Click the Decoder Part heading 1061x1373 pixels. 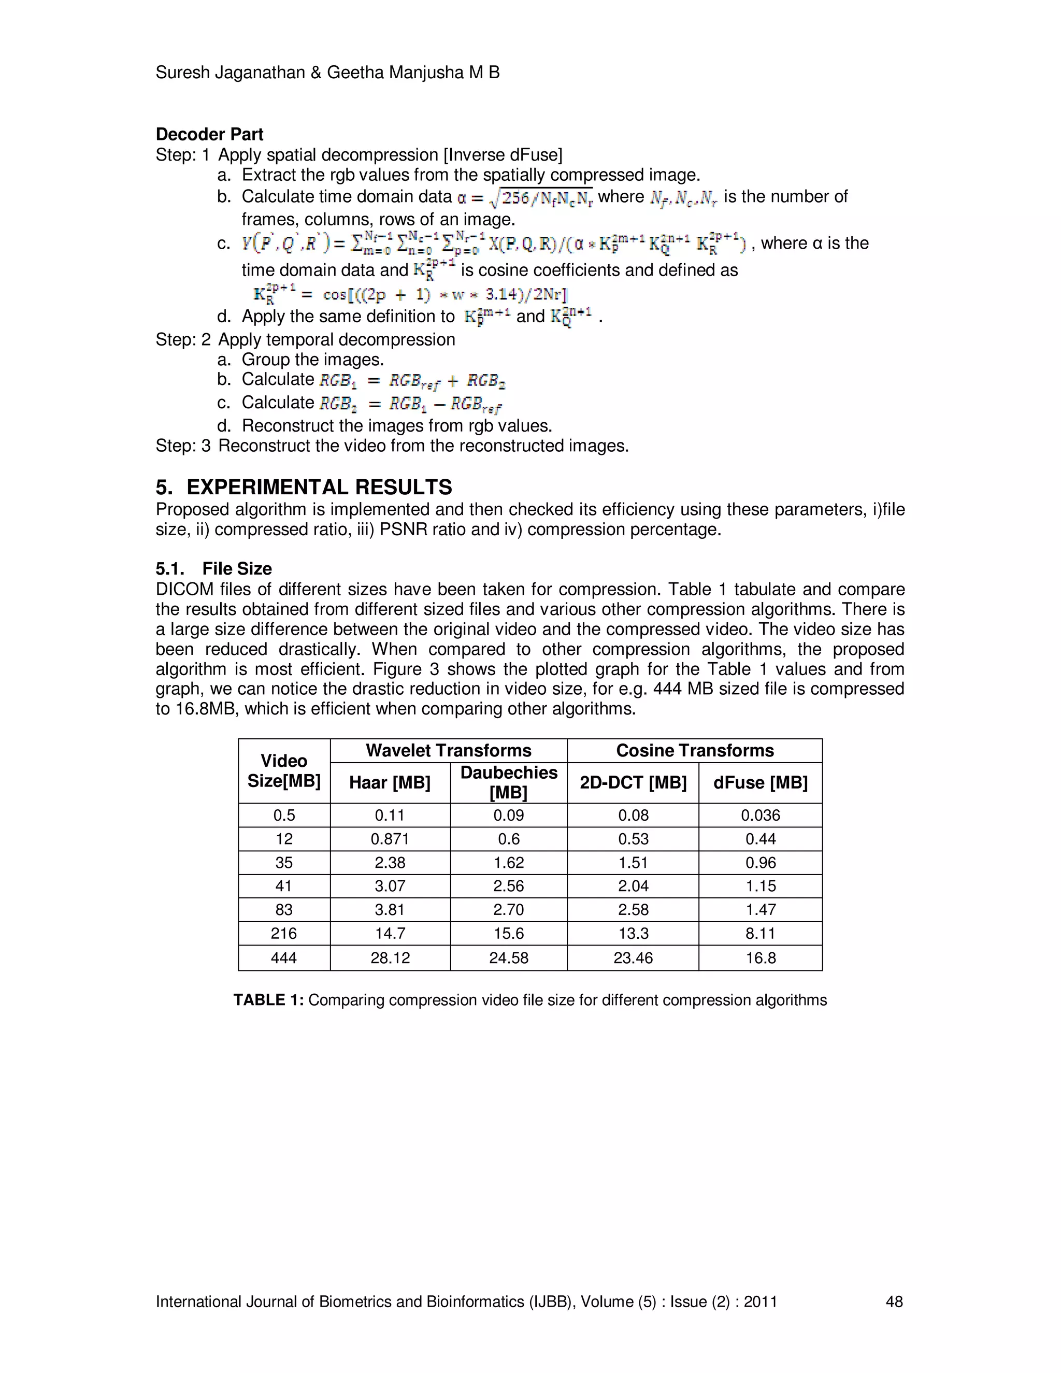coord(209,135)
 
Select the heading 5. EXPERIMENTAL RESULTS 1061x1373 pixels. coord(304,487)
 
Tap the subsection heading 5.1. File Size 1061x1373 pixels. coord(214,568)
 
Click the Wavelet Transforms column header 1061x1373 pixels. coord(448,751)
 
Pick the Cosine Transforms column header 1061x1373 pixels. coord(695,751)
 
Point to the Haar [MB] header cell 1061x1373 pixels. coord(390,783)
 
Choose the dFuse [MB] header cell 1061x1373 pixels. coord(760,783)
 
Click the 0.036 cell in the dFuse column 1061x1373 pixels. coord(760,816)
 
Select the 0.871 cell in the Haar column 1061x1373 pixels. coord(390,839)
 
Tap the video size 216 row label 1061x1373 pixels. coord(283,934)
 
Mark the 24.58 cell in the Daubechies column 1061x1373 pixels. coord(509,958)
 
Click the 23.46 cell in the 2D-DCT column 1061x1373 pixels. coord(633,958)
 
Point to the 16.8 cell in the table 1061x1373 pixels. coord(760,958)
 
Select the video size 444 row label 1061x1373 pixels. coord(283,958)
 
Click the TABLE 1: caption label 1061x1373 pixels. coord(268,1000)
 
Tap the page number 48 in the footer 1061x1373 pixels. coord(894,1302)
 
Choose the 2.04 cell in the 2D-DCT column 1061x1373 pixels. coord(633,886)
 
